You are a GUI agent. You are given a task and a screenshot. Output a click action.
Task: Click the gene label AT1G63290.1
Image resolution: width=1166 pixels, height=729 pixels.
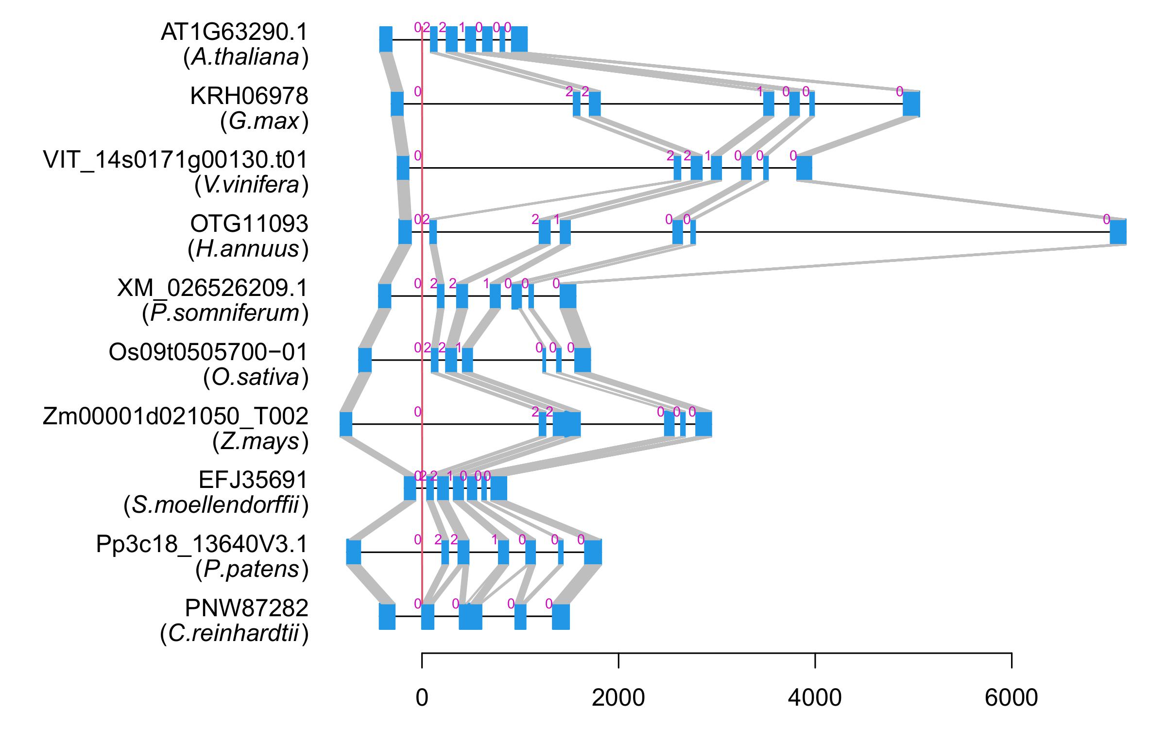(234, 33)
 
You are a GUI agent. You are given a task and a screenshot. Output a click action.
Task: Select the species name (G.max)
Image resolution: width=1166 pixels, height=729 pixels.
(264, 121)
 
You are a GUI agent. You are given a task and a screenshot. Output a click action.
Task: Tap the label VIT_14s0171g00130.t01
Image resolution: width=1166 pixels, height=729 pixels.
(175, 160)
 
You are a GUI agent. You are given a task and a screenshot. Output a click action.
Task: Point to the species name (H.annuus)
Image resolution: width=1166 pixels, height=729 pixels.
(248, 249)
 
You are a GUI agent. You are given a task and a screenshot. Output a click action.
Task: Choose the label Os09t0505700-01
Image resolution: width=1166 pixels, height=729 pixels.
(208, 352)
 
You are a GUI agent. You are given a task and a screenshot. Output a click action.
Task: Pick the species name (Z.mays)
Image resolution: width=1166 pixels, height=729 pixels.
(260, 442)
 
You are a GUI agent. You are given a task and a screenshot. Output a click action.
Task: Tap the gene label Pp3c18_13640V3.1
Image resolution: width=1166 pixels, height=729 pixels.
(202, 544)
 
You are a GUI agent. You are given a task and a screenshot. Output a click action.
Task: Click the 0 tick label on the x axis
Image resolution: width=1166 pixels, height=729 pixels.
(422, 698)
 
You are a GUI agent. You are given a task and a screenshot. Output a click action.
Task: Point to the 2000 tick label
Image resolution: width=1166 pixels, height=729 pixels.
(618, 698)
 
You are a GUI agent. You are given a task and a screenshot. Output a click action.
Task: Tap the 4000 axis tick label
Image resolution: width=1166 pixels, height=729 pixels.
(815, 698)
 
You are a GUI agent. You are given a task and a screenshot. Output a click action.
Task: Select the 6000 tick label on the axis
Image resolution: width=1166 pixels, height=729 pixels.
(1011, 698)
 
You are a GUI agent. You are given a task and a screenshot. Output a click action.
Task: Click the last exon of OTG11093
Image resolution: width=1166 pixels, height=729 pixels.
(1118, 232)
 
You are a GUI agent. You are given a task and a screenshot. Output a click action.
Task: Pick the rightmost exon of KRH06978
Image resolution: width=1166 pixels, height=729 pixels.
(911, 104)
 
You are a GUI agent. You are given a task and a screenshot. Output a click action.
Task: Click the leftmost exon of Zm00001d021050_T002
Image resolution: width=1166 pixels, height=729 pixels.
(346, 424)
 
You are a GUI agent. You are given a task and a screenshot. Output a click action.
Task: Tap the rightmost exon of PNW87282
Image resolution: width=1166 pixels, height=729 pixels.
(561, 616)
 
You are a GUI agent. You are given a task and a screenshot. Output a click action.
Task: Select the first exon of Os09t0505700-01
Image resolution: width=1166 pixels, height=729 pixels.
(365, 360)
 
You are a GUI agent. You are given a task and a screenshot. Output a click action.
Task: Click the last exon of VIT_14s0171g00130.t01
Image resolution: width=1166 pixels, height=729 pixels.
(804, 168)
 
